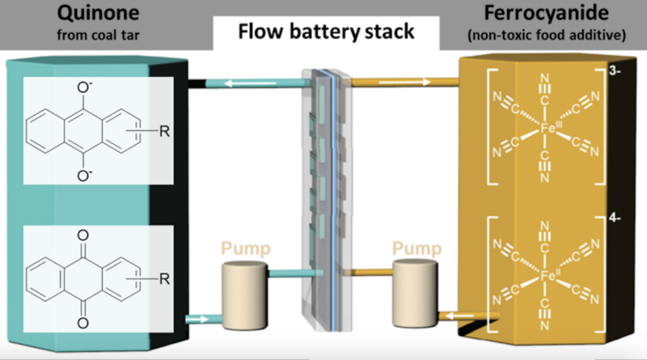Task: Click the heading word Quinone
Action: (80, 15)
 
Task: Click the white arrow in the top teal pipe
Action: (239, 83)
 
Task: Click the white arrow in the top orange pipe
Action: (419, 82)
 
